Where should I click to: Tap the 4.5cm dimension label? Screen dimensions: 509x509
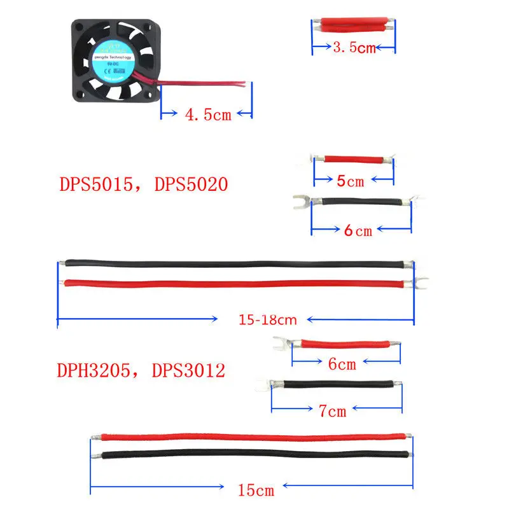coord(208,115)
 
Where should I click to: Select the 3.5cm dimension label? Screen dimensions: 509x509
coord(354,47)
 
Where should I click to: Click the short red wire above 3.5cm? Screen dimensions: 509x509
coord(353,25)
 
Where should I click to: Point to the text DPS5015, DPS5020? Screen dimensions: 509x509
coord(143,185)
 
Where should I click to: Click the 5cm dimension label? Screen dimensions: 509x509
coord(350,181)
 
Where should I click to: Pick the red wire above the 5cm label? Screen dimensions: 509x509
coord(353,159)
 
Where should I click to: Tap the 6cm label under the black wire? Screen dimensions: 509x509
coord(358,230)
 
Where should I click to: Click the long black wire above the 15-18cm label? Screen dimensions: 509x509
coord(235,263)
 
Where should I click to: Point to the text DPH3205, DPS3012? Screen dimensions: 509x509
coord(142,371)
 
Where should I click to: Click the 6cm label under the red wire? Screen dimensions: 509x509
coord(342,364)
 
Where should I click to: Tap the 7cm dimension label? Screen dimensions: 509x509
coord(331,411)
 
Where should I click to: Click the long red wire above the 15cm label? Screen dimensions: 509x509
coord(254,437)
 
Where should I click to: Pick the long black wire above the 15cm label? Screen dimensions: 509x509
coord(254,455)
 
